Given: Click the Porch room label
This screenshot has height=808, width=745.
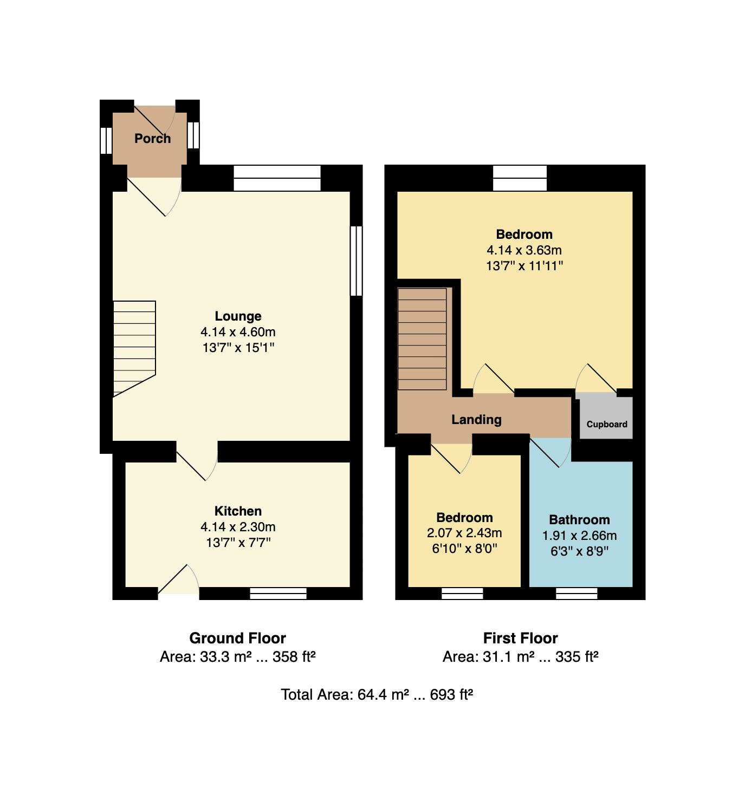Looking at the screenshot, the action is (152, 139).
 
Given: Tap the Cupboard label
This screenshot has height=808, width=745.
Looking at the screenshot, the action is (607, 424).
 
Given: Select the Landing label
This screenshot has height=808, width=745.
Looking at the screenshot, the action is (476, 420).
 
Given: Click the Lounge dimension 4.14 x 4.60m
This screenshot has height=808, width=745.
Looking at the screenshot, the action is (238, 332).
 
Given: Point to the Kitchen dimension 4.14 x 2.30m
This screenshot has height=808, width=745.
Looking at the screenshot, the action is (238, 527).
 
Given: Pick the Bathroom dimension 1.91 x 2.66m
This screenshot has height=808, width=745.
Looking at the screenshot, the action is (579, 536).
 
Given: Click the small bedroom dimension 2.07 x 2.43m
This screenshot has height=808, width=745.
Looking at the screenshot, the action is (464, 533).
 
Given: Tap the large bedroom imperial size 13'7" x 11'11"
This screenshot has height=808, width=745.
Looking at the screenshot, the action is (524, 266).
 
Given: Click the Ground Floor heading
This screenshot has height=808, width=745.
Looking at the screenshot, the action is (237, 638).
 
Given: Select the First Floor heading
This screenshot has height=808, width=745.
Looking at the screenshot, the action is (521, 638).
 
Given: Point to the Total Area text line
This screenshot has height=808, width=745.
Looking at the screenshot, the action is (377, 695).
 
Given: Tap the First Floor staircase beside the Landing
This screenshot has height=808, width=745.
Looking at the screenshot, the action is (422, 339).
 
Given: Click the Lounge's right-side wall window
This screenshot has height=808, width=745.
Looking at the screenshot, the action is (356, 261).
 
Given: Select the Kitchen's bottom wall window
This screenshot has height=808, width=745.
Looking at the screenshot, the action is (278, 594).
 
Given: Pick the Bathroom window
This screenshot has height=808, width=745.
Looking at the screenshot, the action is (576, 594).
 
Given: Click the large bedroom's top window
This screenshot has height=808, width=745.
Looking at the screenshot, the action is (520, 178).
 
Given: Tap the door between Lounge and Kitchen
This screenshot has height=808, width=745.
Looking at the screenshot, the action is (197, 461).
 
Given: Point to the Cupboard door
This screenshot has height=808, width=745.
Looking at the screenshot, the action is (596, 379).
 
